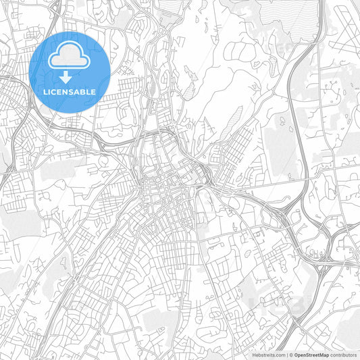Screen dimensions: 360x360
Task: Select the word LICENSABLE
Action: tap(70, 91)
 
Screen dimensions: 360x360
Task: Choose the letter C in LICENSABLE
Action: tap(56, 91)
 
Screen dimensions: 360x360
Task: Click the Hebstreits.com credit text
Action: tap(268, 354)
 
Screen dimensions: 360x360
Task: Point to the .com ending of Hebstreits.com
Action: tap(279, 354)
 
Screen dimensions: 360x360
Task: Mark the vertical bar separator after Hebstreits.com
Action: tap(288, 354)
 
